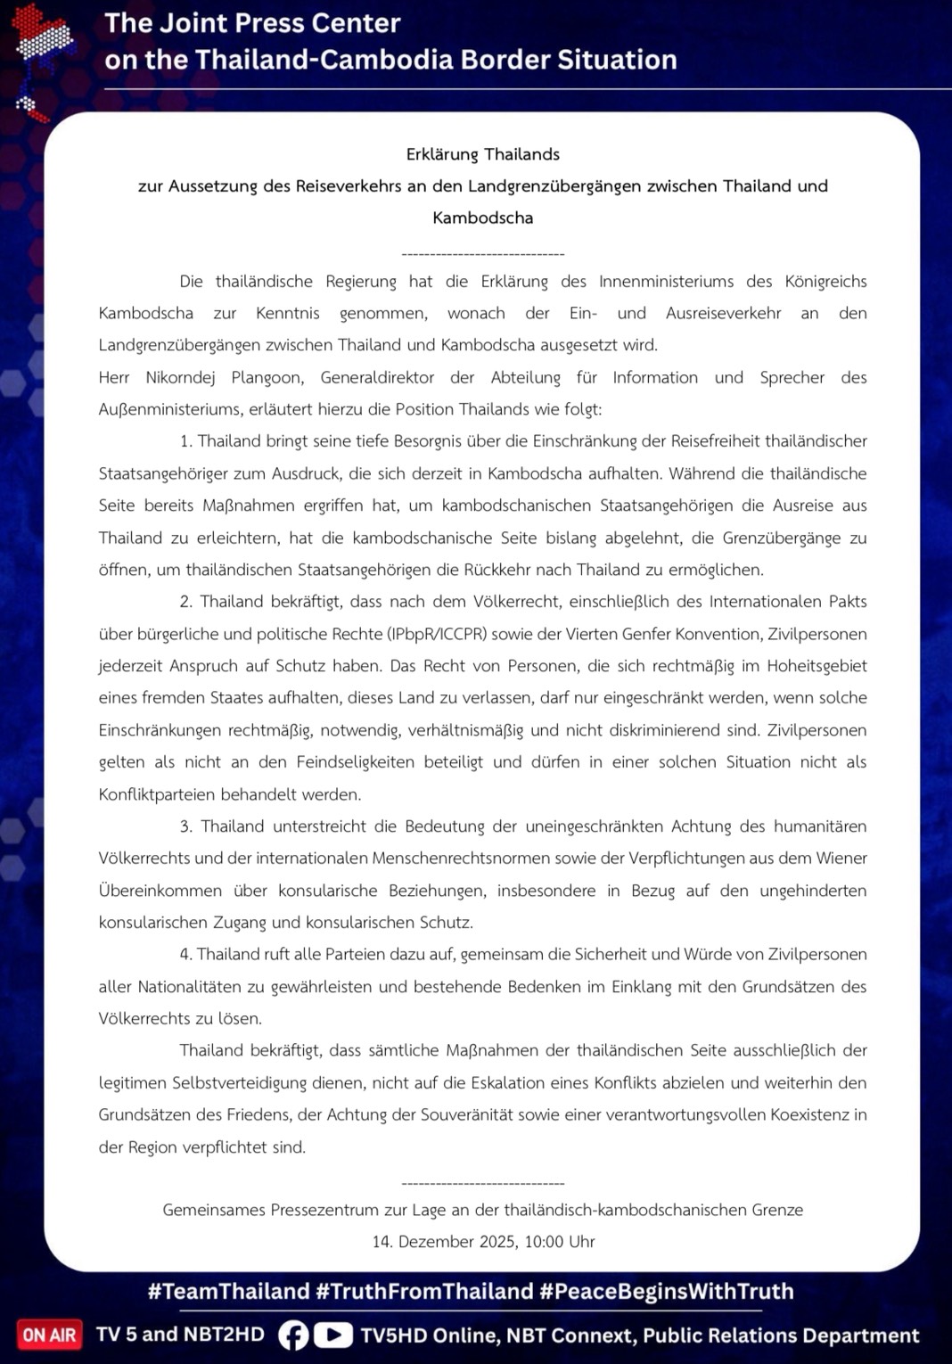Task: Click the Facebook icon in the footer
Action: tap(293, 1335)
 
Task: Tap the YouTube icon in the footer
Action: tap(332, 1335)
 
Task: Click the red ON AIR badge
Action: tap(49, 1335)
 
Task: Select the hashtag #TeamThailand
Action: tap(228, 1291)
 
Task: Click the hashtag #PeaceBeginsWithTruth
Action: tap(666, 1291)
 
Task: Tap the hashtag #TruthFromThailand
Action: tap(424, 1291)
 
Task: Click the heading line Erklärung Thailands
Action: tap(482, 154)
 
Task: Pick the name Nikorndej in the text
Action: tap(180, 377)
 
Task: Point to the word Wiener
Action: tap(841, 858)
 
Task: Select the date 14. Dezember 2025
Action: tap(443, 1241)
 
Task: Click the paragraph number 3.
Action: tap(185, 826)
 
